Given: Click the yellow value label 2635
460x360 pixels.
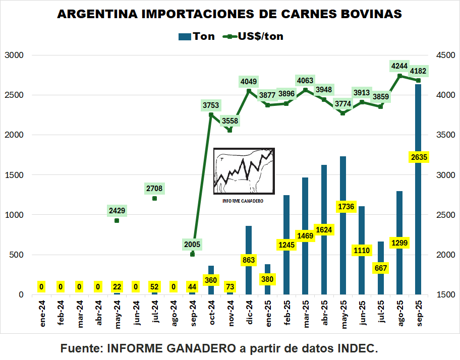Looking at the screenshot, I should click(419, 157).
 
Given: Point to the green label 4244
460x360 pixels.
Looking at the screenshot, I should click(399, 66).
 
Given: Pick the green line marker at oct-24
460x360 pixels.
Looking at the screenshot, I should click(211, 114).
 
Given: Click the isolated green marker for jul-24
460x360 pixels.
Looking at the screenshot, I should click(154, 198).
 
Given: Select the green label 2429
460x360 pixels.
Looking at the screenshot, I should click(117, 210).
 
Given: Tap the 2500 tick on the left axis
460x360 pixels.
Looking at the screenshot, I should click(14, 95).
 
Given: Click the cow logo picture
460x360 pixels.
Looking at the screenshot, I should click(244, 171).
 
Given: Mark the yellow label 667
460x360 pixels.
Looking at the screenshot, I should click(381, 268).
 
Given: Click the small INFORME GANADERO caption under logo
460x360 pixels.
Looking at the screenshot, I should click(243, 201).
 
